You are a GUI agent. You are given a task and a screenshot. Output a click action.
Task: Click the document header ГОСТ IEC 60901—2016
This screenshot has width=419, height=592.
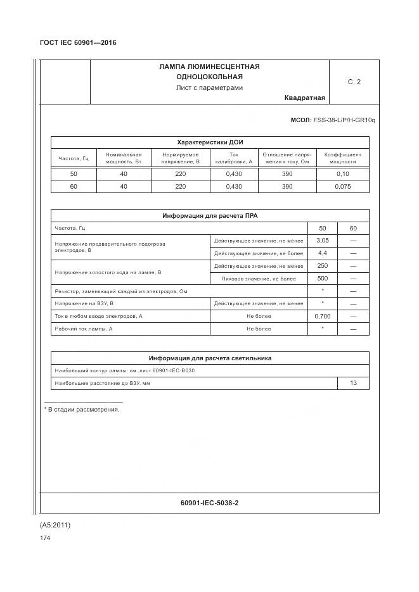(78, 43)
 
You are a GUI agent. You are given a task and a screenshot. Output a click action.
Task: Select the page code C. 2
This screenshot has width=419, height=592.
(354, 82)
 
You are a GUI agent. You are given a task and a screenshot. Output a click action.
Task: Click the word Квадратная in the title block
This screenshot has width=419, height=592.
(304, 98)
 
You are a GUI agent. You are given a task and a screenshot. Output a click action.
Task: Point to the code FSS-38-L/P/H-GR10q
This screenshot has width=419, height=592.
(341, 120)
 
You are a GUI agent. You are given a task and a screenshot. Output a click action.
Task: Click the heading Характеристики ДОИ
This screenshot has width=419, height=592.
(209, 143)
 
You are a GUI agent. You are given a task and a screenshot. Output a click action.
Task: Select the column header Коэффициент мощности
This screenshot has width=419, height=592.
(342, 158)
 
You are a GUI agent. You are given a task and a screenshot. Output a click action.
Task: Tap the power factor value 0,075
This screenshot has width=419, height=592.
(342, 187)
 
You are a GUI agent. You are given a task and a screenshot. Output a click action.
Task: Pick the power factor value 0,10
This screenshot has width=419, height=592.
(342, 173)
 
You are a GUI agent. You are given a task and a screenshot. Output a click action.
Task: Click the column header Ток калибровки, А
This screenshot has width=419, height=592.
(233, 158)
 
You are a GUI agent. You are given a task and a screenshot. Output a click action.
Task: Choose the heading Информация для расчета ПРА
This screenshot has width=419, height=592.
(209, 216)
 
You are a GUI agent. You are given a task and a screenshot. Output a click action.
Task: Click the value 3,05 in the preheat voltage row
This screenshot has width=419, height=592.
(322, 241)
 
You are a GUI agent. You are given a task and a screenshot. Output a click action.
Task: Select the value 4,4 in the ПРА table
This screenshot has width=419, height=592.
(322, 253)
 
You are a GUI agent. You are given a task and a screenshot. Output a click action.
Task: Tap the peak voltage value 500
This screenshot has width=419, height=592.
(322, 279)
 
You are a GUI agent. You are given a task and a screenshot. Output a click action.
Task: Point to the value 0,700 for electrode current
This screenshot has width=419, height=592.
(322, 316)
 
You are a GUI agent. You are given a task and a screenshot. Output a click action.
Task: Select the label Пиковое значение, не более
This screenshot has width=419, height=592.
(259, 279)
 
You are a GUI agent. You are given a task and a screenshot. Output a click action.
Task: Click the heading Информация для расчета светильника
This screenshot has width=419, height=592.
(209, 358)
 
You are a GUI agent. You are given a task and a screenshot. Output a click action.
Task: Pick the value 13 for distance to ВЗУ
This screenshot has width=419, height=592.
(353, 383)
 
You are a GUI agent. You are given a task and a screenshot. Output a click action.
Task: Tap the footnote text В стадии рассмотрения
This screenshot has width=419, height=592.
(82, 410)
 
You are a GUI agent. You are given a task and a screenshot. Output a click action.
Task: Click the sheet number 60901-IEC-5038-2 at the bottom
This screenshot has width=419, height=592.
(209, 503)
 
